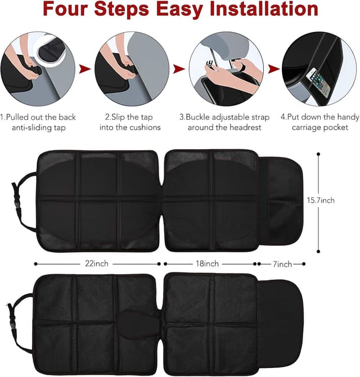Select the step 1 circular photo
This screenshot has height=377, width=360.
38,69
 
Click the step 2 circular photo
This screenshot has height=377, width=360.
130,69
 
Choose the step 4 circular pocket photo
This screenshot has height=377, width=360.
318,69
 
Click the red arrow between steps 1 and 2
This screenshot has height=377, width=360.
84,69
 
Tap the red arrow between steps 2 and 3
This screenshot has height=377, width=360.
178,69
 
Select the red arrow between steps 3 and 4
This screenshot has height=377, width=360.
273,69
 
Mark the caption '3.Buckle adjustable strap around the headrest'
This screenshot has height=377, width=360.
224,122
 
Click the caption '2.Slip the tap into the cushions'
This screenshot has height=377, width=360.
133,122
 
